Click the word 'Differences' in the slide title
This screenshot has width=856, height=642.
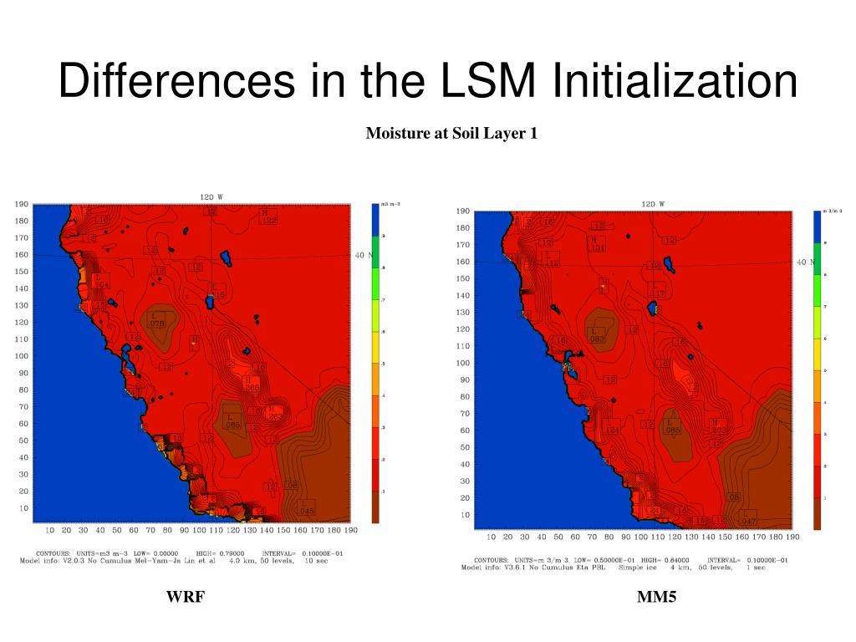coord(176,81)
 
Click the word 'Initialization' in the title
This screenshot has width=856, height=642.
coord(675,81)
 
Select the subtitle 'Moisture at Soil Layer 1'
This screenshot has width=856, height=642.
coord(451,133)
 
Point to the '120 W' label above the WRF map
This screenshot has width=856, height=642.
coord(211,197)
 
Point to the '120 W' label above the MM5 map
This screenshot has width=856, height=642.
coord(652,204)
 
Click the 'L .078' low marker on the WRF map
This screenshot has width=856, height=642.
coord(155,319)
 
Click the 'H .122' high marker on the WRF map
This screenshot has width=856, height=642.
coord(267,216)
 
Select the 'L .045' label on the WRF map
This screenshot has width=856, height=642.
coord(306,507)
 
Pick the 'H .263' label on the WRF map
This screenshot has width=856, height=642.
coord(275,412)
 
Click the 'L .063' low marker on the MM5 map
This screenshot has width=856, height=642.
coord(597,335)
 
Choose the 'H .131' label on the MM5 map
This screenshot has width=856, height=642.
coord(597,243)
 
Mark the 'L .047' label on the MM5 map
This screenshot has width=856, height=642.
coord(748,517)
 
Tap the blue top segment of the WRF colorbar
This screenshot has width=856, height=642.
coord(375,220)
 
